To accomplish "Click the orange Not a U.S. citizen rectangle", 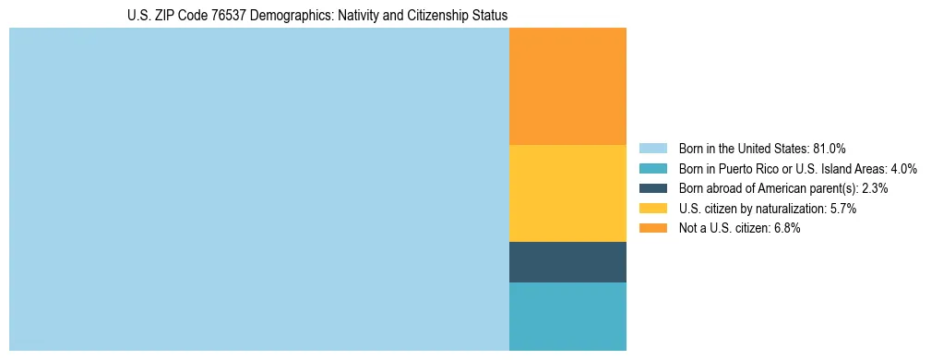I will click(567, 86).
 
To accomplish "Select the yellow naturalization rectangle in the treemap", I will click(567, 193).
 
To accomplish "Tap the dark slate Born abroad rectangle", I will click(567, 262).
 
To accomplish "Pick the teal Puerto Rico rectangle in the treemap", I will click(567, 317).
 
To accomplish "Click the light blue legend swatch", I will click(652, 149).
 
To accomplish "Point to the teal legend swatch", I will click(652, 169).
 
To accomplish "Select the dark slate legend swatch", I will click(652, 188).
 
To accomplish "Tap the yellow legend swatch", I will click(652, 209).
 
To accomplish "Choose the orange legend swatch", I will click(652, 229).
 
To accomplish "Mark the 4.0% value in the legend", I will click(903, 169).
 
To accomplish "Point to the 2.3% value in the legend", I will click(875, 188).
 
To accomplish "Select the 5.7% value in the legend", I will click(843, 209).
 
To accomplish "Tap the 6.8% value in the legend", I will click(787, 229).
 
